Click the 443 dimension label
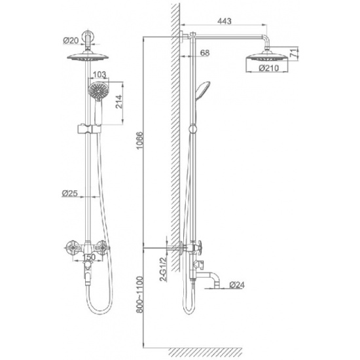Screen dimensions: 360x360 (x=225, y=21)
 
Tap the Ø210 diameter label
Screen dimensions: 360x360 (x=268, y=68)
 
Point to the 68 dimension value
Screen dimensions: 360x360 (x=205, y=52)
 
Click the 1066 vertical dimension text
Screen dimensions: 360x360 (x=139, y=141)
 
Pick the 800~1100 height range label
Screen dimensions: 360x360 (x=139, y=295)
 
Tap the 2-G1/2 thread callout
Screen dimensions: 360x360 (x=163, y=269)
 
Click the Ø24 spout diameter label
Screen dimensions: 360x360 (x=237, y=285)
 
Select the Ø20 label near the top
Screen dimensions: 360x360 (x=71, y=41)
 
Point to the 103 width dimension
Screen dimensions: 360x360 (x=99, y=75)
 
